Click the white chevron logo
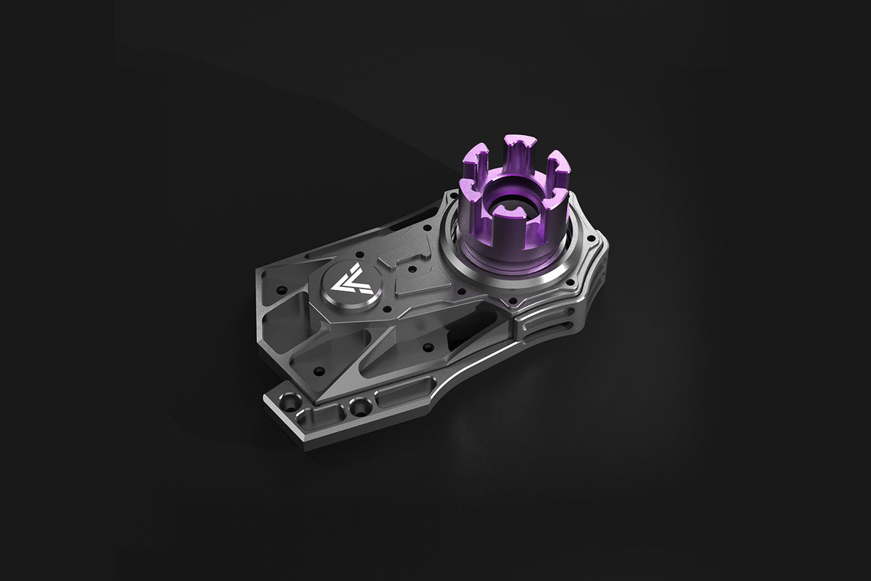[x=351, y=282]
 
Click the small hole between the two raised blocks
[x=412, y=270]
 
